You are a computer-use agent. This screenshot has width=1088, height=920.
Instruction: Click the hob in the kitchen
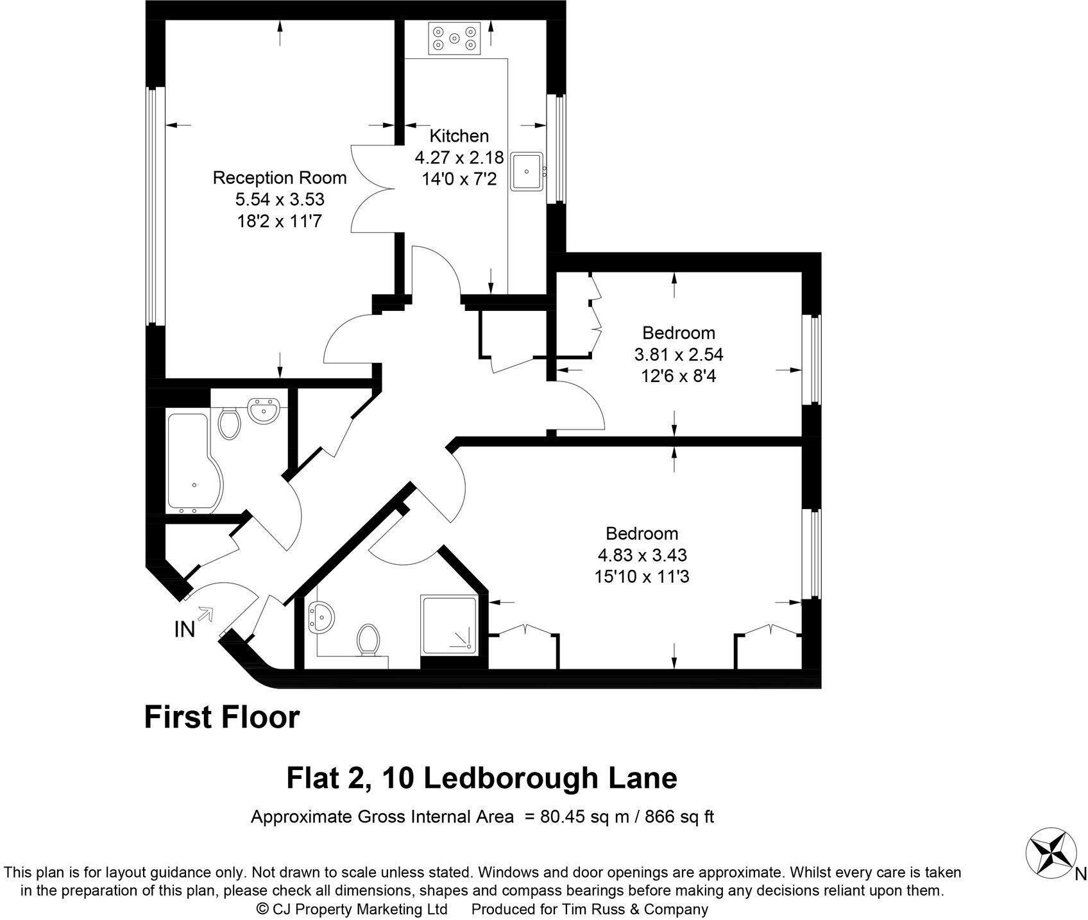(x=454, y=38)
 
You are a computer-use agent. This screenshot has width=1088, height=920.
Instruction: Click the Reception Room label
(x=280, y=178)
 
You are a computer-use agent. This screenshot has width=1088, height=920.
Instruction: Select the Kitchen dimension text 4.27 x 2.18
(x=459, y=158)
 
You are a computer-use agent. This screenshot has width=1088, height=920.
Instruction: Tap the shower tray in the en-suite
(x=449, y=624)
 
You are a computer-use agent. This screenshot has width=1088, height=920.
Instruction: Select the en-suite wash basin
(x=321, y=617)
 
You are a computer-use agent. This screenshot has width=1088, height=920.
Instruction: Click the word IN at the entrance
(x=185, y=630)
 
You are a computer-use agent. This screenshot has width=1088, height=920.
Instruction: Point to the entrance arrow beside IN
(x=206, y=614)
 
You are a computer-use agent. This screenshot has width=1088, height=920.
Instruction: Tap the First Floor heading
(x=222, y=717)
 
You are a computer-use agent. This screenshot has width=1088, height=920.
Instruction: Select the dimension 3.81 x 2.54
(x=679, y=354)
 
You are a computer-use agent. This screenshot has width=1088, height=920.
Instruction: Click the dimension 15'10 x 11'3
(x=642, y=576)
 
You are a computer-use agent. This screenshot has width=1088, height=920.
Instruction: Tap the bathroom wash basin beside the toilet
(x=264, y=410)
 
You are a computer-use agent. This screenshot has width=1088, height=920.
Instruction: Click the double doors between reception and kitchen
(x=373, y=189)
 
